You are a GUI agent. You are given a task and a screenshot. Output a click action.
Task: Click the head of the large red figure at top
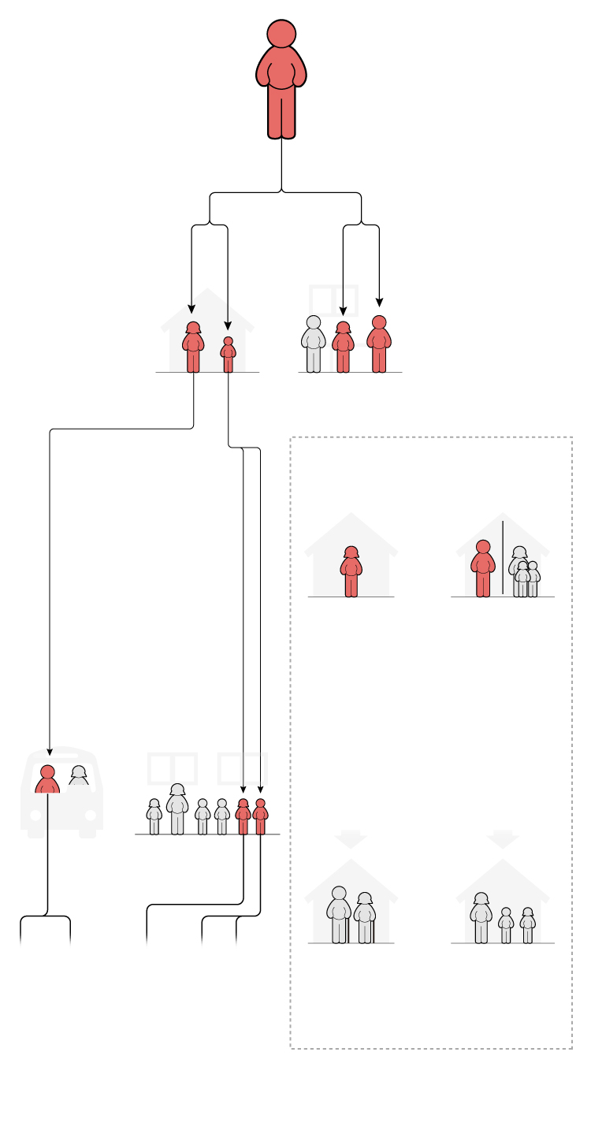[281, 34]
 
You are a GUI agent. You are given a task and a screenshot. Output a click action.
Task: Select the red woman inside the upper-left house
[193, 348]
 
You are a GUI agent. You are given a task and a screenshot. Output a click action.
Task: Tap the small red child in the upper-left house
[228, 355]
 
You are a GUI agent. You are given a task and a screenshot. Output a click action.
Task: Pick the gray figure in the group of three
[313, 344]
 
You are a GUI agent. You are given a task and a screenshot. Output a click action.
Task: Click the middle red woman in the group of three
[343, 348]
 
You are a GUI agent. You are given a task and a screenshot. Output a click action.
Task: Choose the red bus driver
[47, 779]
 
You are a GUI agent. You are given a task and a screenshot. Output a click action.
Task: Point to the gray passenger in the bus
[79, 775]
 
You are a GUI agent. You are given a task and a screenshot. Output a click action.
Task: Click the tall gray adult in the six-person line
[177, 809]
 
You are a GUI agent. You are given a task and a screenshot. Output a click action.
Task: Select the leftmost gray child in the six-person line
[154, 817]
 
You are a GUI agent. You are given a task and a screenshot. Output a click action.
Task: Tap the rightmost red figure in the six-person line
[260, 817]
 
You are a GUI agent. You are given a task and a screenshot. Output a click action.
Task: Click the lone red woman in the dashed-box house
[351, 572]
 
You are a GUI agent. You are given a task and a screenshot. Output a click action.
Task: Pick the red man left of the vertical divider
[483, 569]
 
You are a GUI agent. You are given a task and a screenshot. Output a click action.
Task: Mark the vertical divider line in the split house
[503, 557]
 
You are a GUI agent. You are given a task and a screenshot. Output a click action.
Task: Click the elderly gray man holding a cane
[339, 915]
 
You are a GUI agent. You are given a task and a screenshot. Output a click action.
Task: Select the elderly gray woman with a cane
[364, 918]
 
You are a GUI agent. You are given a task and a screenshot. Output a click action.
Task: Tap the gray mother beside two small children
[481, 919]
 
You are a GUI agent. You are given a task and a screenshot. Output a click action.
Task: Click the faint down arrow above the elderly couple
[351, 840]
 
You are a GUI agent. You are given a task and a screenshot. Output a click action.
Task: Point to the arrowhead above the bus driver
[50, 752]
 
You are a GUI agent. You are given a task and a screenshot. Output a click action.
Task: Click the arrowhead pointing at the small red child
[228, 325]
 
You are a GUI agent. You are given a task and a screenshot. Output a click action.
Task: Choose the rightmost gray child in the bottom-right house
[528, 925]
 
